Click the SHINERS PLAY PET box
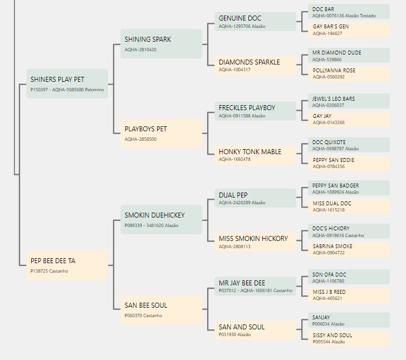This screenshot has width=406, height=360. click(67, 83)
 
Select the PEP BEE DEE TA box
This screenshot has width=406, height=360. click(67, 265)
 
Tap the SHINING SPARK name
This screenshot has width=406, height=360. click(148, 40)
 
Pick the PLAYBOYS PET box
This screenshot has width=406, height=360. click(161, 133)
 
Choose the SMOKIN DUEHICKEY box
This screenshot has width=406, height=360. click(161, 220)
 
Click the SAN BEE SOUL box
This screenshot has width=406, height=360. click(161, 309)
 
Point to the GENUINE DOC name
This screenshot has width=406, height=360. click(240, 18)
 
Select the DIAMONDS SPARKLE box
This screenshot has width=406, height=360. click(255, 66)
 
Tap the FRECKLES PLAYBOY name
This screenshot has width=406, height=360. click(247, 108)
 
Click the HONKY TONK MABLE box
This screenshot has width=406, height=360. click(255, 155)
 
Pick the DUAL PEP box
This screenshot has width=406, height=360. click(255, 198)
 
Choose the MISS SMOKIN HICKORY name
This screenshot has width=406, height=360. click(253, 239)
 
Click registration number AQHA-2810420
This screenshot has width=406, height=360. click(140, 50)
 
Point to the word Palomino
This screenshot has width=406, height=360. click(95, 90)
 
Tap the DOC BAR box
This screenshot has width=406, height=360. click(349, 12)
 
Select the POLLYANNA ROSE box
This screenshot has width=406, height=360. click(349, 73)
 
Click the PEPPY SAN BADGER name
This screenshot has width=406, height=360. click(336, 186)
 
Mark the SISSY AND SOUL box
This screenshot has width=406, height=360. click(349, 338)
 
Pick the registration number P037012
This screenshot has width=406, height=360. click(228, 290)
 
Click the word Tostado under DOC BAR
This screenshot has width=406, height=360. click(368, 16)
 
